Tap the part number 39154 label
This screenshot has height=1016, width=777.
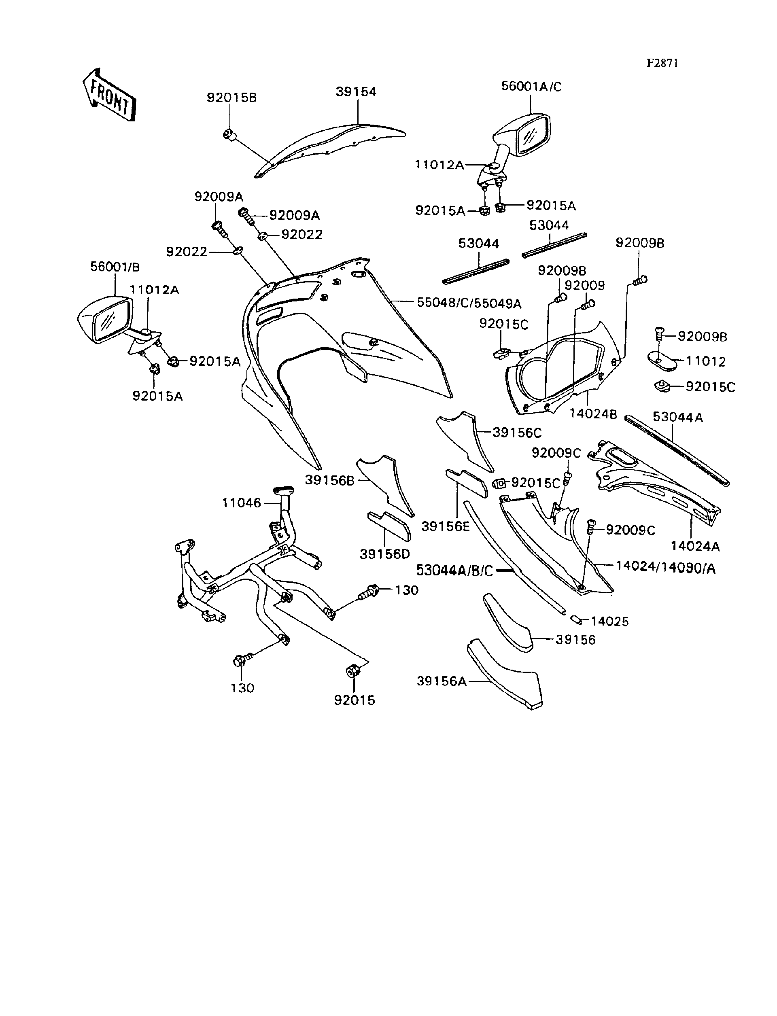356,91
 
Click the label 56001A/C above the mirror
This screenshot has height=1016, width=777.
531,87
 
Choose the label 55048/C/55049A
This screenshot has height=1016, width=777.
469,303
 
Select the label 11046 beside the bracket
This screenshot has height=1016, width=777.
242,503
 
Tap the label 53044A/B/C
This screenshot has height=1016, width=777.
454,570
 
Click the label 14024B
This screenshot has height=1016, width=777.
593,414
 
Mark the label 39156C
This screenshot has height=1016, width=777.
517,433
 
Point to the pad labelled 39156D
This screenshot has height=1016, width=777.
390,526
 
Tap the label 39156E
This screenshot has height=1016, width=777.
445,526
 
